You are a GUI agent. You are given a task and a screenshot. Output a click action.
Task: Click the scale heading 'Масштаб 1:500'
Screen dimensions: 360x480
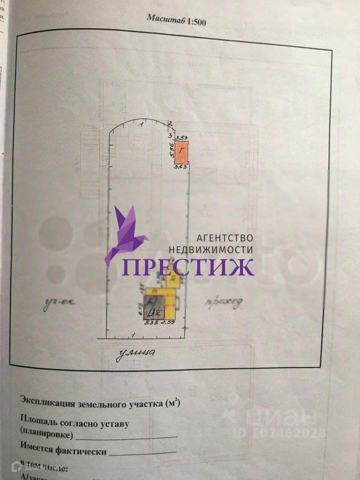176,20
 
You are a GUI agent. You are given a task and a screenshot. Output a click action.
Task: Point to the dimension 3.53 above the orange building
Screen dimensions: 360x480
181,137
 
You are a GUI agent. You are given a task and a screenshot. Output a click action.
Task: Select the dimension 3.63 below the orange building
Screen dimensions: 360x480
180,168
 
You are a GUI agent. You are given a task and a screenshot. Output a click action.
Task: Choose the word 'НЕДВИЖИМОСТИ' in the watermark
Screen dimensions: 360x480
211,249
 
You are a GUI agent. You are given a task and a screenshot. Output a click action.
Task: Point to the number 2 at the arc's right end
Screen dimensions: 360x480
170,123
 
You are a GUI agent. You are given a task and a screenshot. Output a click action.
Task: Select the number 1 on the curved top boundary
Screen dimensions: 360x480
142,122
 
